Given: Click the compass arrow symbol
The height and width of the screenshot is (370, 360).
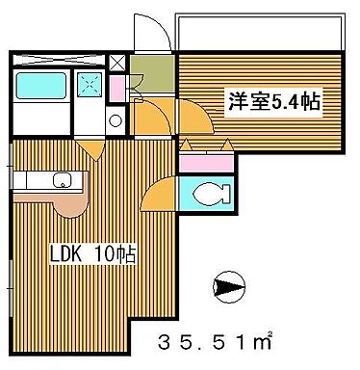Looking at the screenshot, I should click(227, 286).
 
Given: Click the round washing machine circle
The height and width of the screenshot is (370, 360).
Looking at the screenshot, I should click(115, 121).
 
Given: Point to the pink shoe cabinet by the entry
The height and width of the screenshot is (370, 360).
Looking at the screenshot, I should click(117, 88).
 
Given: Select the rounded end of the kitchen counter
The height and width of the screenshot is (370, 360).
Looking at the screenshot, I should click(70, 203).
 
